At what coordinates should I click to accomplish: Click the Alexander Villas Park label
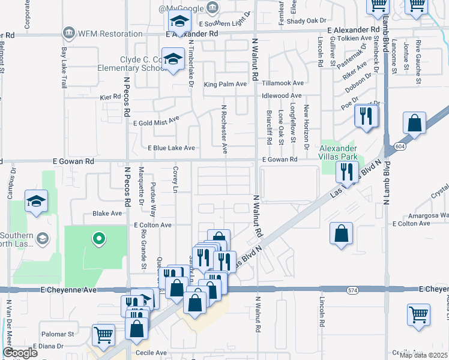pyautogui.click(x=338, y=152)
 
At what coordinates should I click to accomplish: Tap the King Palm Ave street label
pyautogui.click(x=225, y=84)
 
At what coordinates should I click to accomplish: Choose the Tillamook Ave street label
pyautogui.click(x=283, y=83)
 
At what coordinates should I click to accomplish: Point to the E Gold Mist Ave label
pyautogui.click(x=158, y=121)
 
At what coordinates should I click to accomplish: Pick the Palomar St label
pyautogui.click(x=58, y=334)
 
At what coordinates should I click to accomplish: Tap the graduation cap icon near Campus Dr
pyautogui.click(x=36, y=201)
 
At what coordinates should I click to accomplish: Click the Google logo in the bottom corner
pyautogui.click(x=20, y=353)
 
